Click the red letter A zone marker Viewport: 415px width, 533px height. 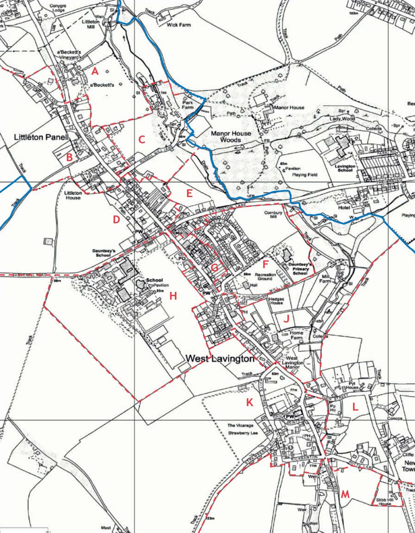95,71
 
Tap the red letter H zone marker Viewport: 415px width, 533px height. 173,296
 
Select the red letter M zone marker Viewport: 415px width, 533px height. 345,494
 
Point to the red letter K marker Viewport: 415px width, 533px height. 250,402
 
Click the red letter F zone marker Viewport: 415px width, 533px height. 266,264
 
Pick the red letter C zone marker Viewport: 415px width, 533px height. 142,139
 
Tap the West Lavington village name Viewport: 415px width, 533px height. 221,358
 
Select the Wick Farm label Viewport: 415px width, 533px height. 179,25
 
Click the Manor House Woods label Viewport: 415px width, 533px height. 231,136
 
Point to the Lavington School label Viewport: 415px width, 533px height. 345,168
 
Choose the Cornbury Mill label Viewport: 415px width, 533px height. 273,215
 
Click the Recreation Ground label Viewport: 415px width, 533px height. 265,277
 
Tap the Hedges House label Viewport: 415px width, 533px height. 277,301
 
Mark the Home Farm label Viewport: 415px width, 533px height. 296,335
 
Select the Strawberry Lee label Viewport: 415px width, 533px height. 243,433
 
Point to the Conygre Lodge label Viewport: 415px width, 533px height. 58,8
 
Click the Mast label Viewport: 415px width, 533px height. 106,528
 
